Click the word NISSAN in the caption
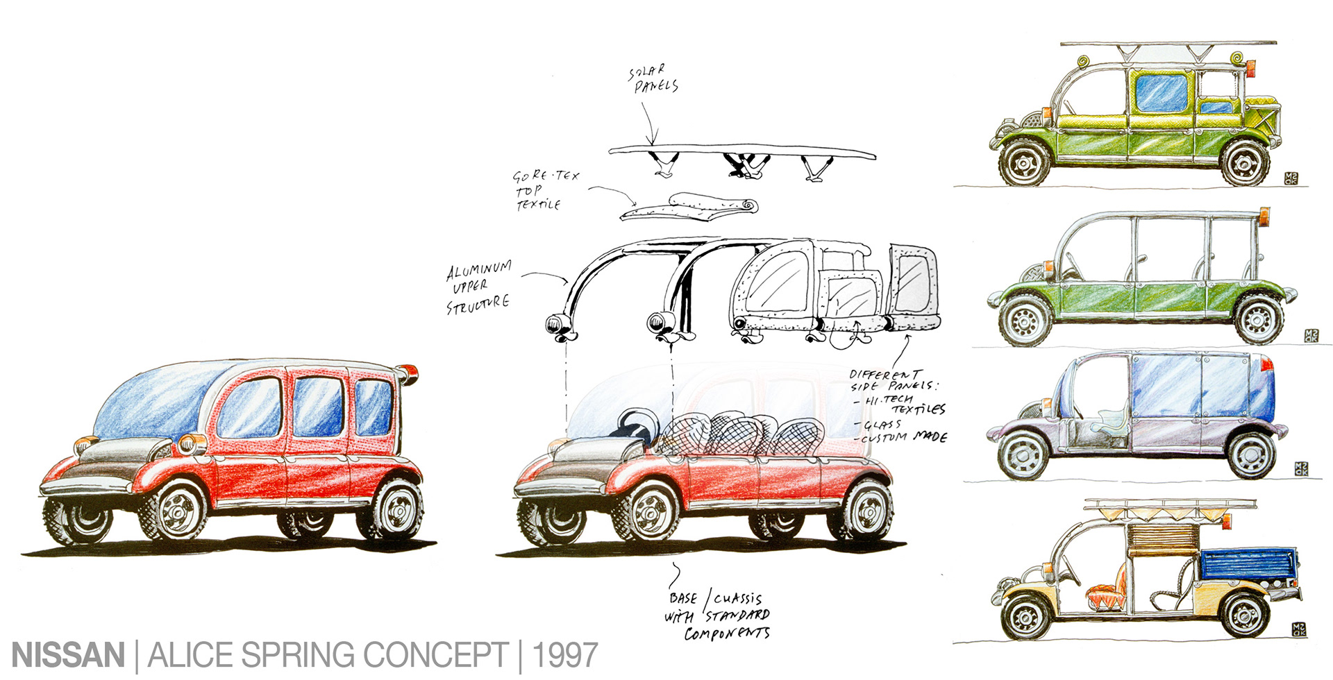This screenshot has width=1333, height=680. point(68,656)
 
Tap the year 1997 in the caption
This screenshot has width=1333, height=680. point(564,656)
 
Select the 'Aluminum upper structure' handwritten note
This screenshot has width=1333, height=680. point(478,287)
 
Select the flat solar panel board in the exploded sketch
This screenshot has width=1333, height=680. point(741,151)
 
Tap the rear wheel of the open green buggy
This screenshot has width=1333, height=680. point(1259,320)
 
